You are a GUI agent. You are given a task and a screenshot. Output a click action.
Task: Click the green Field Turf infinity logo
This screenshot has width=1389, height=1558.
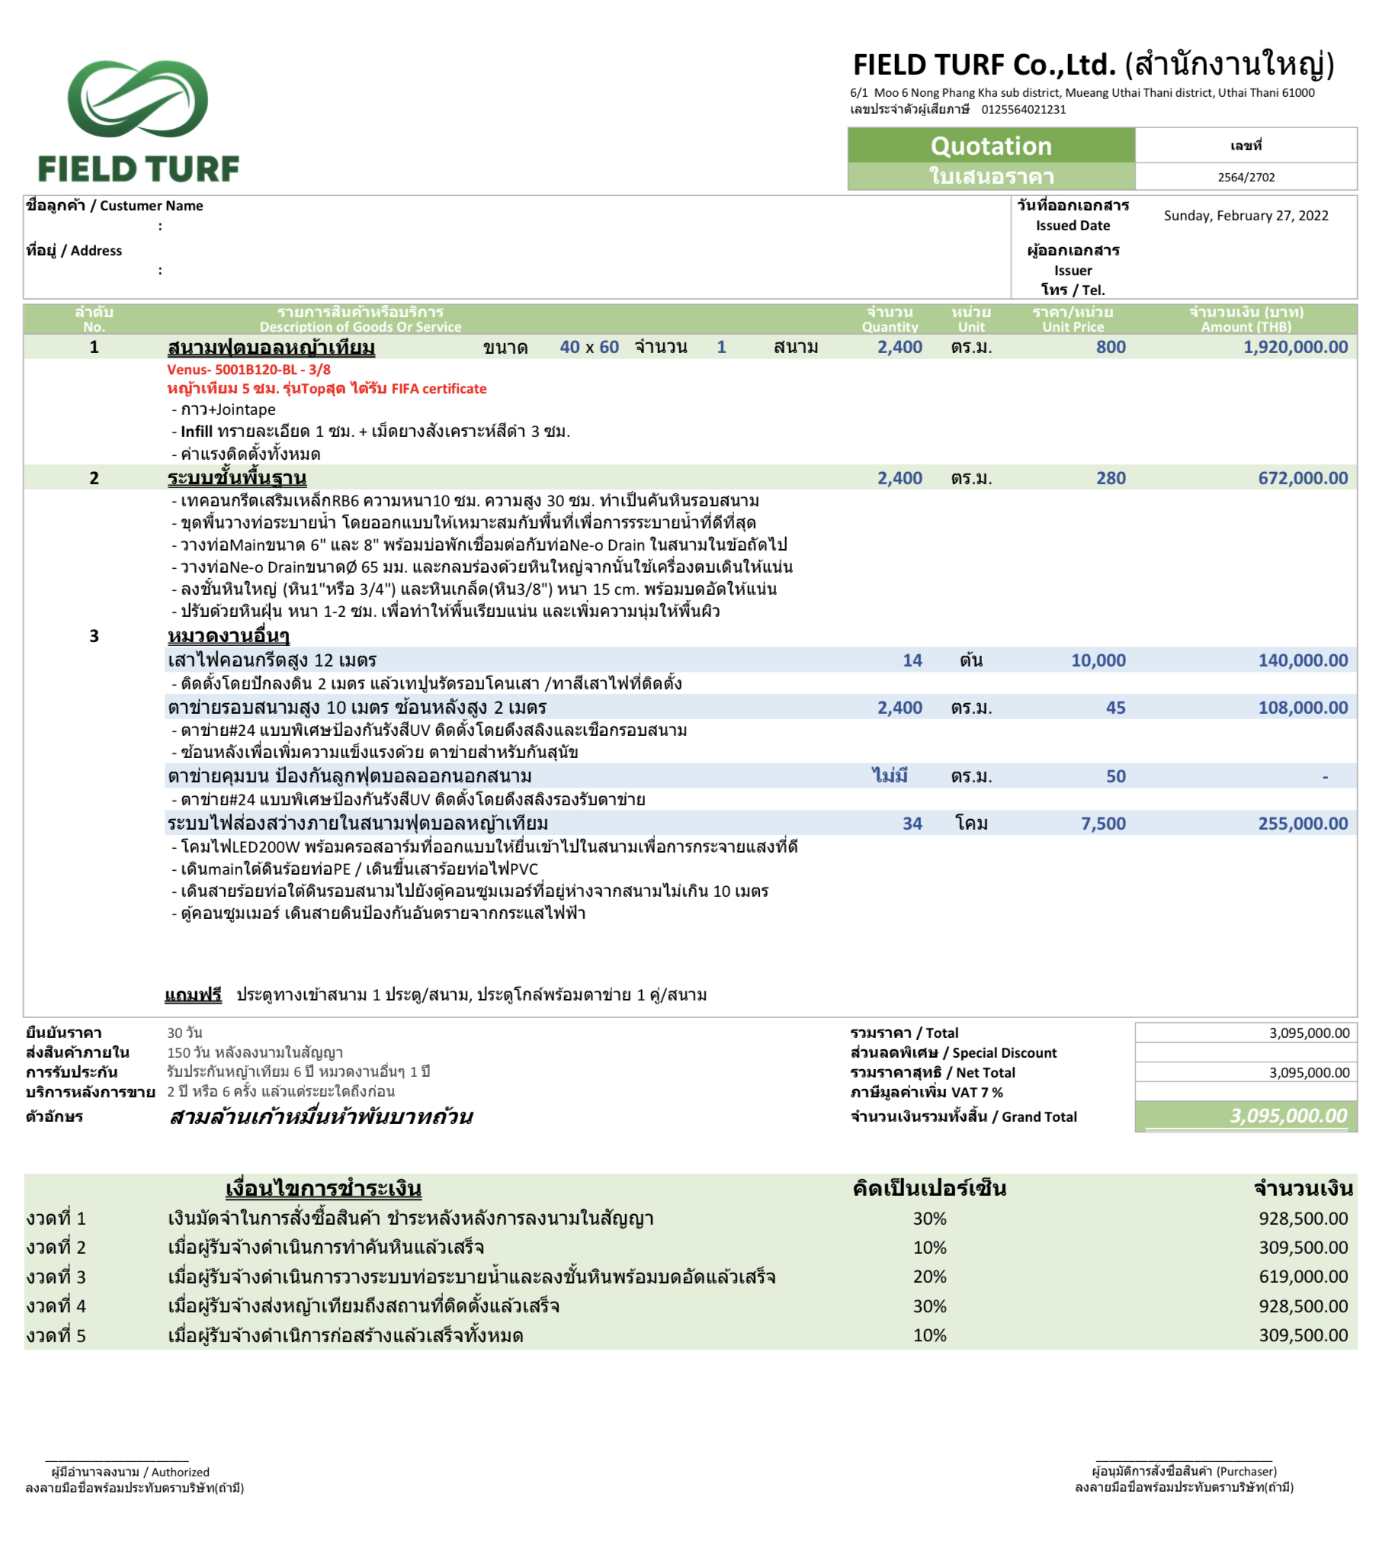click(x=137, y=99)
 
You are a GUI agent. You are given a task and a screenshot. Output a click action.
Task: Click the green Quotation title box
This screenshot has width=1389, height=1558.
click(x=990, y=145)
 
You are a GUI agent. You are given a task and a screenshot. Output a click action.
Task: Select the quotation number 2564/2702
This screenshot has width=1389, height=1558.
click(x=1246, y=177)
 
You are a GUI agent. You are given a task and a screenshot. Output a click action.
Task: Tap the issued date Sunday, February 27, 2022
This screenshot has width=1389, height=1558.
click(x=1246, y=216)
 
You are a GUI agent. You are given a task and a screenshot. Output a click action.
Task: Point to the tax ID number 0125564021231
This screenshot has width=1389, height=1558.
click(x=1023, y=110)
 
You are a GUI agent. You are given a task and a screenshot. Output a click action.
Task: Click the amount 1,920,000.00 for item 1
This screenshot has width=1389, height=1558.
click(x=1295, y=347)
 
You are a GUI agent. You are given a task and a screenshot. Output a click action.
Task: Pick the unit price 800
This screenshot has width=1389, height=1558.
click(x=1111, y=347)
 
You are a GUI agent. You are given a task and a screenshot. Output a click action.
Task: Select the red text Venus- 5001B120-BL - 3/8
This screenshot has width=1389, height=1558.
click(x=249, y=369)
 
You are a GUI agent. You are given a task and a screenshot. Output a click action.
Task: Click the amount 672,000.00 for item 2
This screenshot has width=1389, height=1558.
click(x=1303, y=479)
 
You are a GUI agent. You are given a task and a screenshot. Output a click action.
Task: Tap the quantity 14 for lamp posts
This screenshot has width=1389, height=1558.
click(x=912, y=661)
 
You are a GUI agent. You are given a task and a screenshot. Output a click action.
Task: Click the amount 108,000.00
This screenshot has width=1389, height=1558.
click(x=1303, y=708)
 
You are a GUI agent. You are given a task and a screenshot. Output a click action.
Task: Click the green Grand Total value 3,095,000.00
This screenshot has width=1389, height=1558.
click(x=1288, y=1116)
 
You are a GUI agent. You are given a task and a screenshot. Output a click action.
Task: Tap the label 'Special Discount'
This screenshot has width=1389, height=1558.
click(x=1003, y=1053)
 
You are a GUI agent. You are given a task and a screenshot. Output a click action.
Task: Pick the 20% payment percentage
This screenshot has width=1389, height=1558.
click(x=929, y=1277)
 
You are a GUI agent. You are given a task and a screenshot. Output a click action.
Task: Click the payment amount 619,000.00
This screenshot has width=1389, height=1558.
click(x=1303, y=1277)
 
